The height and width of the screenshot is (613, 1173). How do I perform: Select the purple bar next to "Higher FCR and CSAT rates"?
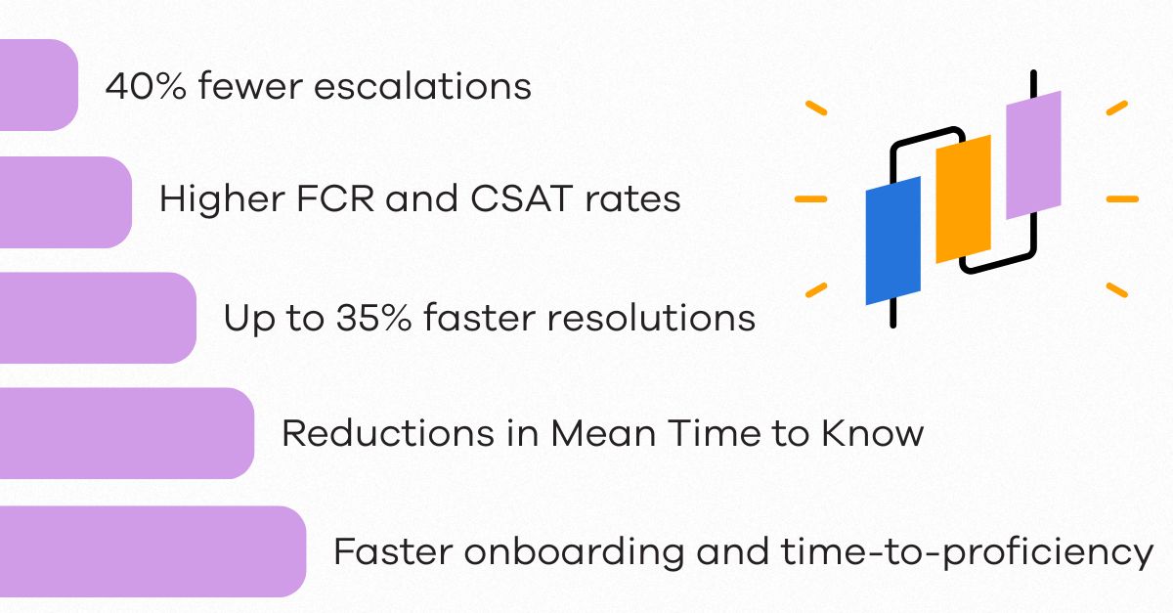click(x=65, y=202)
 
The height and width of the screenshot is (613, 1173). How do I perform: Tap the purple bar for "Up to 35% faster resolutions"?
click(x=97, y=318)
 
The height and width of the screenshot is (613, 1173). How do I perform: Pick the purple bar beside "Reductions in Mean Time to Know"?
click(x=126, y=433)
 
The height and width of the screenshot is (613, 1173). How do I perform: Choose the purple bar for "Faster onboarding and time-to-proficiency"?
click(x=152, y=551)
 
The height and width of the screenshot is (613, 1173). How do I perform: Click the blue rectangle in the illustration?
click(x=893, y=241)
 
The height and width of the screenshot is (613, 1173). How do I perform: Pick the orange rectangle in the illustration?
click(x=963, y=199)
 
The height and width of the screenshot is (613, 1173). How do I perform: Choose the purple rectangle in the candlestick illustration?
click(x=1033, y=154)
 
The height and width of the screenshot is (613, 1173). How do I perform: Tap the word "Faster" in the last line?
click(x=391, y=551)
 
